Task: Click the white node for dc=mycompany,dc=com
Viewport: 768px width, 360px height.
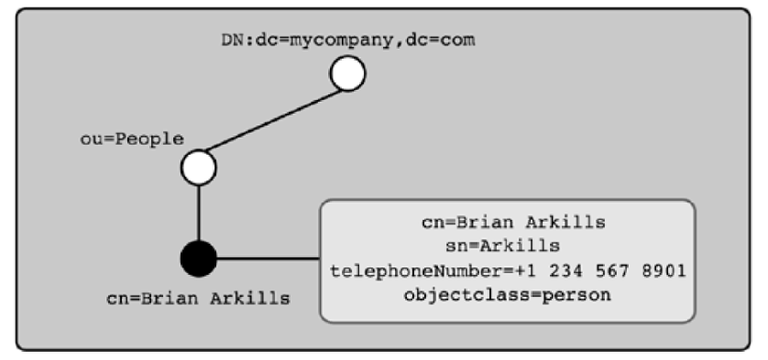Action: [x=347, y=73]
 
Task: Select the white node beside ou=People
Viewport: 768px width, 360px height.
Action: [x=198, y=168]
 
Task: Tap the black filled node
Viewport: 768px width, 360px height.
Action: [x=198, y=257]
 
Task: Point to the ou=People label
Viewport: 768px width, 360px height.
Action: [x=131, y=138]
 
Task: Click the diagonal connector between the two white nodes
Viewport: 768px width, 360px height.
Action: [x=273, y=120]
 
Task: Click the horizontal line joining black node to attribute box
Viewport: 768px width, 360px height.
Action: [x=268, y=257]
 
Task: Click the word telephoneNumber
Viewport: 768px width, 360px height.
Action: [x=407, y=272]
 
